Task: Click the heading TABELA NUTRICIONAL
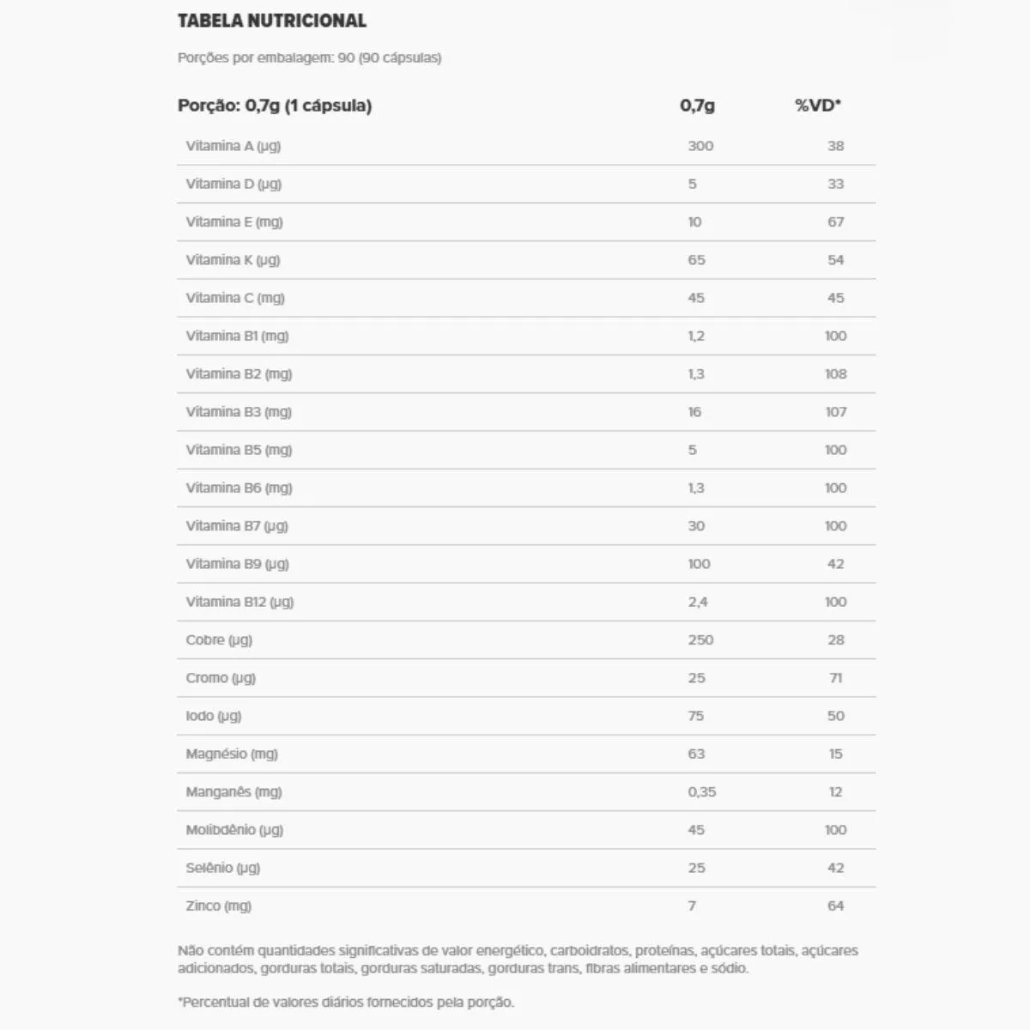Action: point(271,21)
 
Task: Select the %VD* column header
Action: point(817,106)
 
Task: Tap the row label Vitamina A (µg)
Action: point(233,146)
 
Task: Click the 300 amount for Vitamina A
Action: point(700,146)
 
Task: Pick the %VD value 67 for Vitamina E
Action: point(835,221)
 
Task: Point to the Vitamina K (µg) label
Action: point(233,260)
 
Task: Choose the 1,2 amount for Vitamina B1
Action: point(696,336)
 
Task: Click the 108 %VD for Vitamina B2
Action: point(835,374)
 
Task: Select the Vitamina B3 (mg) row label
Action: point(239,412)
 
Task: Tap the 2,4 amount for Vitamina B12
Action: point(698,602)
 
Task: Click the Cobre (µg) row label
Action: point(219,640)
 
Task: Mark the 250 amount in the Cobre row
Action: point(700,640)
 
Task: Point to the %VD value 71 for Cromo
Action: point(835,678)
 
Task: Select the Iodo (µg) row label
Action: point(214,716)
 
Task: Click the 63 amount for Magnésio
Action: point(696,754)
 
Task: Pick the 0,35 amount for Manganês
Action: point(702,792)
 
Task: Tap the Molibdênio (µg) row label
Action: point(234,830)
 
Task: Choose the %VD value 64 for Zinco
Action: point(835,906)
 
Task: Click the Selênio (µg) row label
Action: point(222,868)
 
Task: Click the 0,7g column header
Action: point(697,106)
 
